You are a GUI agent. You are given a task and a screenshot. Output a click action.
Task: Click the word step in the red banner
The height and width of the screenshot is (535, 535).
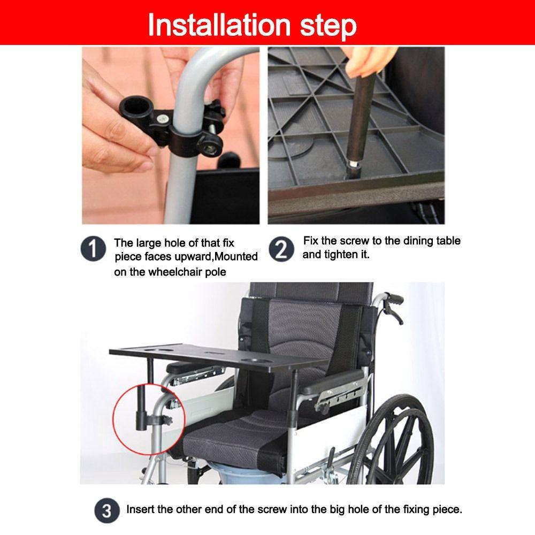[326, 25]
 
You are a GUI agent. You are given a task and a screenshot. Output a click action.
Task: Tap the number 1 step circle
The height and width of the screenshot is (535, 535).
[93, 250]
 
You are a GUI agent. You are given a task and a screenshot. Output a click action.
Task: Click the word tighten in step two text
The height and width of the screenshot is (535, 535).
[339, 255]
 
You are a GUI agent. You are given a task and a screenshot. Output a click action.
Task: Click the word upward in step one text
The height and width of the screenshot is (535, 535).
[181, 257]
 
